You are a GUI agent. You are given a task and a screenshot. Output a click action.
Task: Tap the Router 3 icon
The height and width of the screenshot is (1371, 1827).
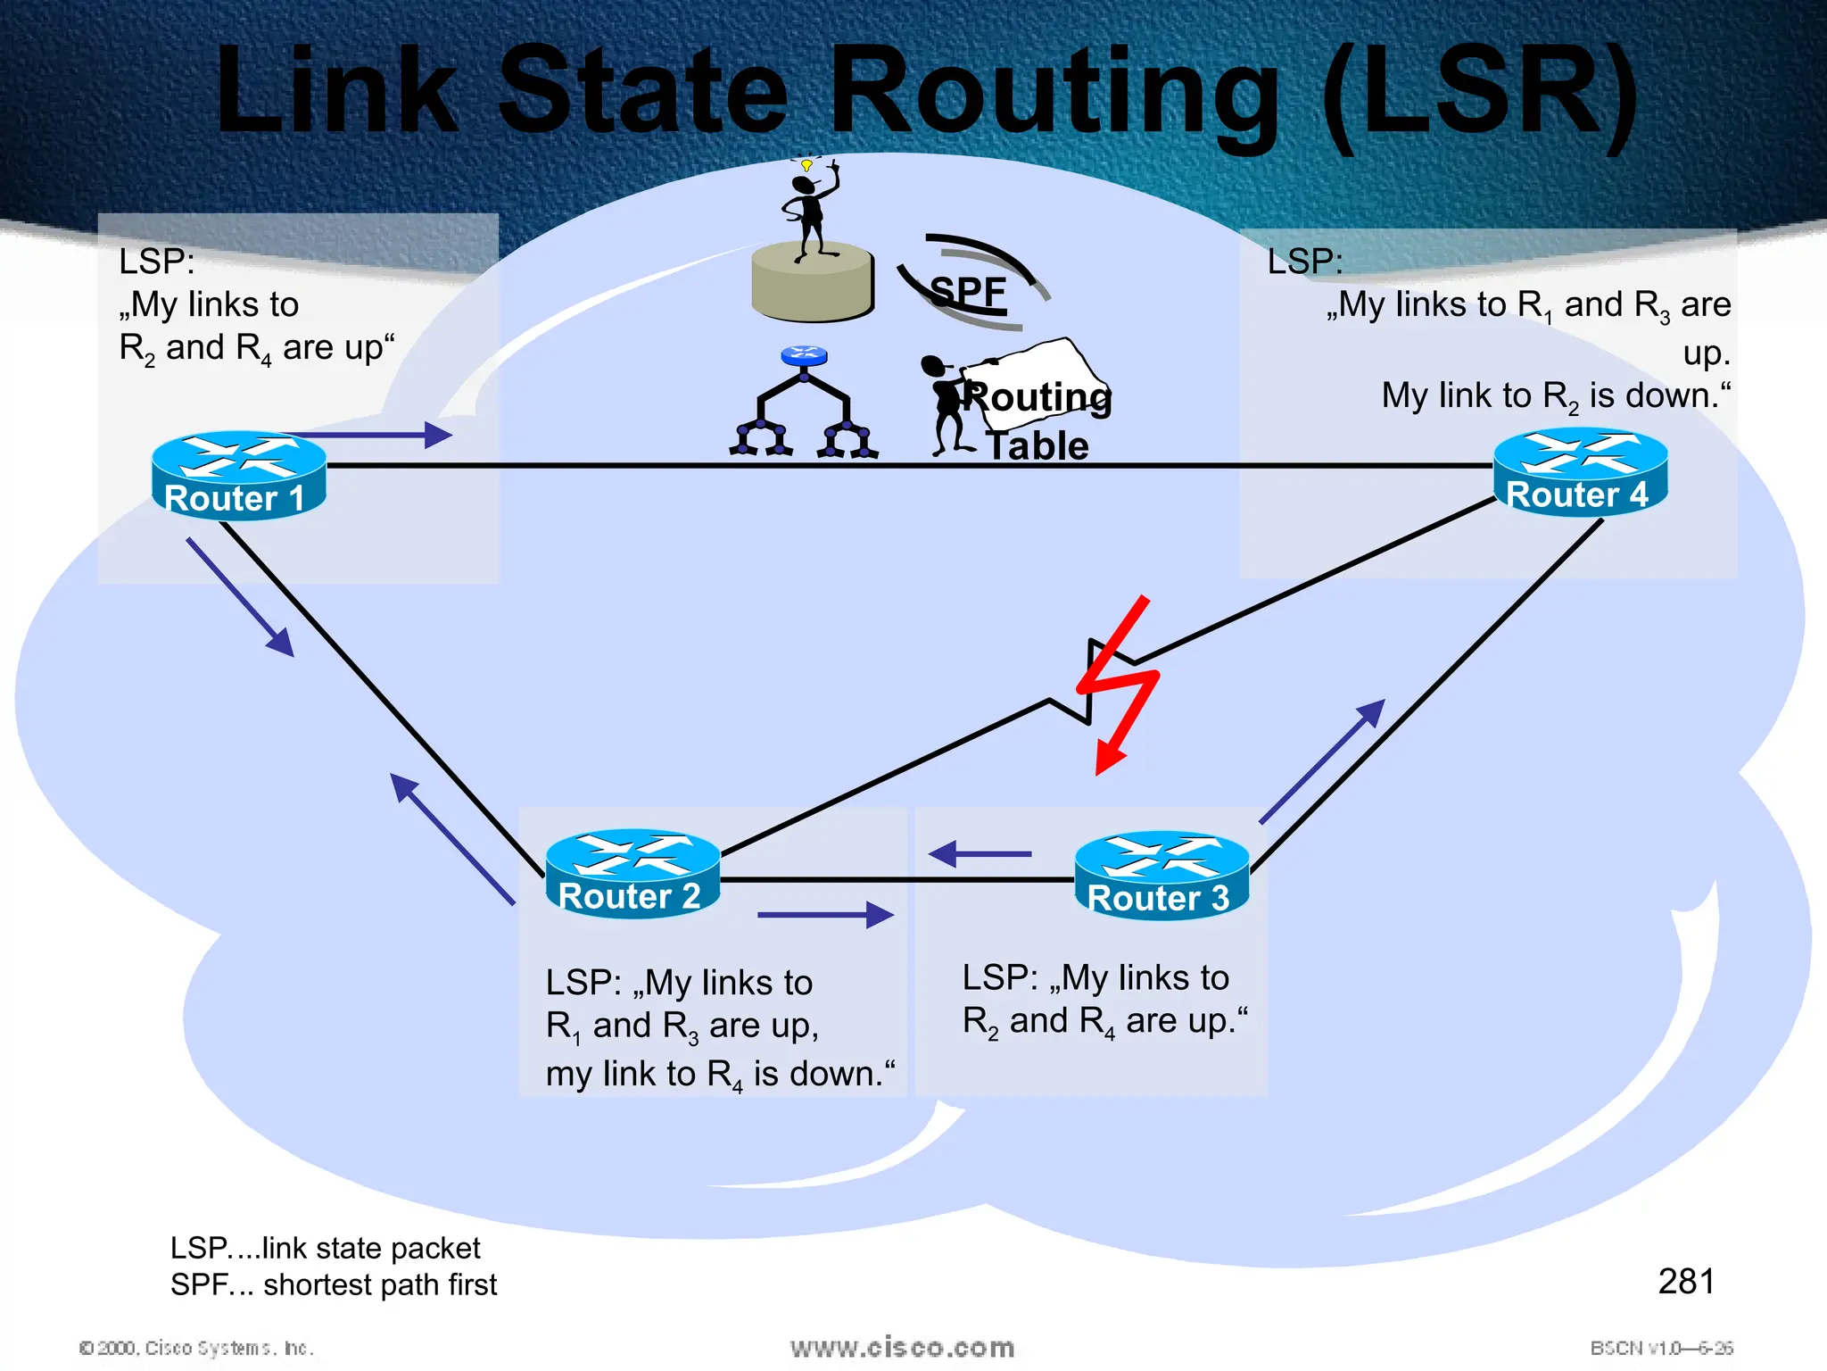click(1161, 875)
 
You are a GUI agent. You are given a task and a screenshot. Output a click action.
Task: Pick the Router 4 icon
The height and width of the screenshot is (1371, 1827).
click(1580, 471)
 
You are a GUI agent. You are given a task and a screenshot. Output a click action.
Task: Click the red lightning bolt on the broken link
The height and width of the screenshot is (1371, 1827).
click(1119, 684)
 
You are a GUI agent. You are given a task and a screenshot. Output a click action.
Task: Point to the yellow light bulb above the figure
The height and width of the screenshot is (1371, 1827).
click(806, 165)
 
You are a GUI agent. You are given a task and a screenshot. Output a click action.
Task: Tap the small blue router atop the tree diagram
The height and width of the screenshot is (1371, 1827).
click(804, 355)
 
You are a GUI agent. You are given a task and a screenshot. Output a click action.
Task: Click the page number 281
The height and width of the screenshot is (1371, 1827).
click(1685, 1282)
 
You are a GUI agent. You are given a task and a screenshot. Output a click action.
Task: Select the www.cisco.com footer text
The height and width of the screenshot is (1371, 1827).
click(902, 1348)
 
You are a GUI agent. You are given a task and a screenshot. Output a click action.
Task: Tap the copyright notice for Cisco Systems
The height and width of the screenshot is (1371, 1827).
click(196, 1348)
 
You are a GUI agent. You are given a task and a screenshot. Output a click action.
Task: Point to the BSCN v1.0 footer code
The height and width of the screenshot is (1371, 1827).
click(1660, 1348)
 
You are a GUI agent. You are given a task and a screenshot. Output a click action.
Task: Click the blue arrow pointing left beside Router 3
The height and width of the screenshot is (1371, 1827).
click(980, 854)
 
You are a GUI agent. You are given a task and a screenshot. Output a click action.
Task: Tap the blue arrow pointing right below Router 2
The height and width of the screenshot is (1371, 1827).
click(825, 915)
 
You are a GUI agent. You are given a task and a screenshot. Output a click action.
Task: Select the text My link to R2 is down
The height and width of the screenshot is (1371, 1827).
click(1555, 395)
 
